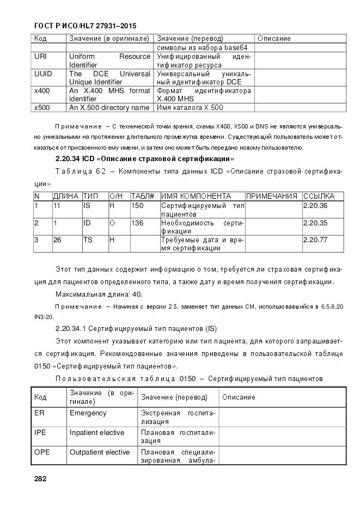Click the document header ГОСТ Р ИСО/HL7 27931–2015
click(x=85, y=26)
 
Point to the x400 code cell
click(x=42, y=91)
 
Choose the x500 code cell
click(x=42, y=108)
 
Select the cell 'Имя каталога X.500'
click(x=190, y=108)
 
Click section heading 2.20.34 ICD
click(x=145, y=159)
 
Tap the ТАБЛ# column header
click(x=143, y=196)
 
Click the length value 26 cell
click(x=57, y=240)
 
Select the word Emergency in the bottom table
click(x=88, y=413)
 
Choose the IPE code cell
click(x=40, y=433)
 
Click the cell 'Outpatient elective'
click(x=100, y=452)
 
